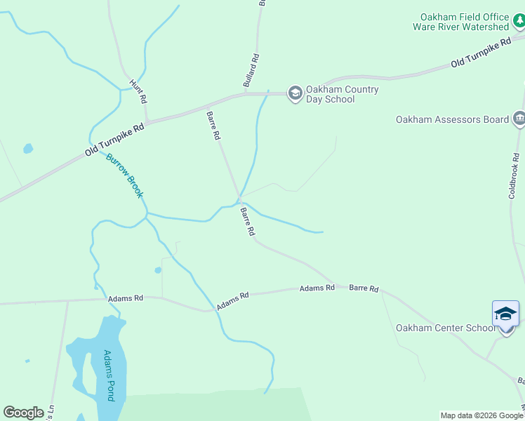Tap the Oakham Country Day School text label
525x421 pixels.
pos(342,94)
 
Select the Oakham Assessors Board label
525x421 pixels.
pos(452,119)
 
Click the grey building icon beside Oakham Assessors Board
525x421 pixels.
pos(519,119)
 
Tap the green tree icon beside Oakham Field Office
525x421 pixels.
pos(519,22)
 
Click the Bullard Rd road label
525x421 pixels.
pos(251,71)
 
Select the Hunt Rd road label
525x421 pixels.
pos(138,92)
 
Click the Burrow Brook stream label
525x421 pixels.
pos(124,175)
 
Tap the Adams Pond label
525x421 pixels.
pos(109,375)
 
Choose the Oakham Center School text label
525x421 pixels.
pos(445,328)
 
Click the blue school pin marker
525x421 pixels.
pos(505,314)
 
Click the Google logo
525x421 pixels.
pos(23,413)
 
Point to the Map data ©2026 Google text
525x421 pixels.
pos(481,415)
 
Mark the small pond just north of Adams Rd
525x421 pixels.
pos(158,270)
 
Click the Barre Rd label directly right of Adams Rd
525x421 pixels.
pos(364,288)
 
